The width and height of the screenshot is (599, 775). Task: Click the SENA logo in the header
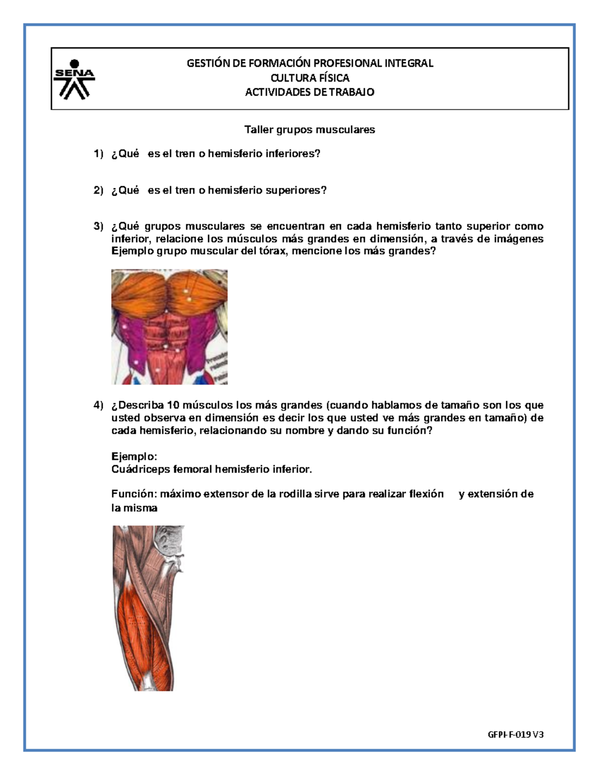(74, 79)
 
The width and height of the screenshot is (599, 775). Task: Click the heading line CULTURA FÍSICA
(309, 78)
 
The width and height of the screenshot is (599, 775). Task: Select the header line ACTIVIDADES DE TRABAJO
(309, 92)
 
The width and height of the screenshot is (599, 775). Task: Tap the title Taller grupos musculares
(309, 130)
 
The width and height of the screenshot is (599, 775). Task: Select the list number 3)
(98, 226)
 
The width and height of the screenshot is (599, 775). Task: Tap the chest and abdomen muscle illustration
(169, 327)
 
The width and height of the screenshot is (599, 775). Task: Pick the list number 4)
(98, 405)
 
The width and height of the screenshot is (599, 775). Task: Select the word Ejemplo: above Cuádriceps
(134, 457)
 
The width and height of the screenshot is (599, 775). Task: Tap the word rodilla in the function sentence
(295, 494)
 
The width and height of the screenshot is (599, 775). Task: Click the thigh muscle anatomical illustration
(148, 608)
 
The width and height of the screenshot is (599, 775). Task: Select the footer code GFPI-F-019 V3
(516, 735)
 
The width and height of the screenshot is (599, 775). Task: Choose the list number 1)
(98, 154)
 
